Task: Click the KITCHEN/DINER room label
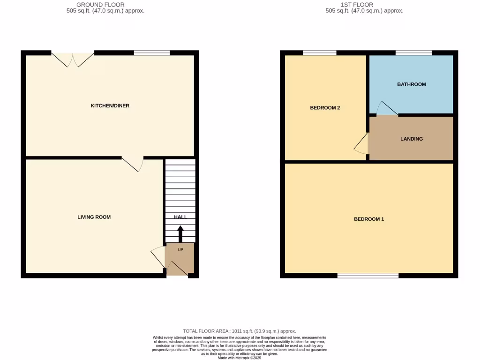coord(110,106)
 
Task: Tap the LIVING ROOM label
coord(94,217)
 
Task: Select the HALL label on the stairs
coord(180,217)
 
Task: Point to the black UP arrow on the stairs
coord(180,233)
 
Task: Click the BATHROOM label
coord(412,84)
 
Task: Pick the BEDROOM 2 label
coord(325,108)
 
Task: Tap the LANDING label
coord(412,139)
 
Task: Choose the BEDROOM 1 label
coord(369,219)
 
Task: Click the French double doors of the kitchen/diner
coord(73,58)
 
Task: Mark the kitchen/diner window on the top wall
coord(152,53)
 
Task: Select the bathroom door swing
coord(386,109)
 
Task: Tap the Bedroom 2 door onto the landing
coord(361,143)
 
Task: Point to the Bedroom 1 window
coord(368,276)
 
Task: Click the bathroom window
coord(413,53)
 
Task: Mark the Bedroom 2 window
coord(320,53)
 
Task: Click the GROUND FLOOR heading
coord(100,5)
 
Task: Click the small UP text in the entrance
coord(180,250)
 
